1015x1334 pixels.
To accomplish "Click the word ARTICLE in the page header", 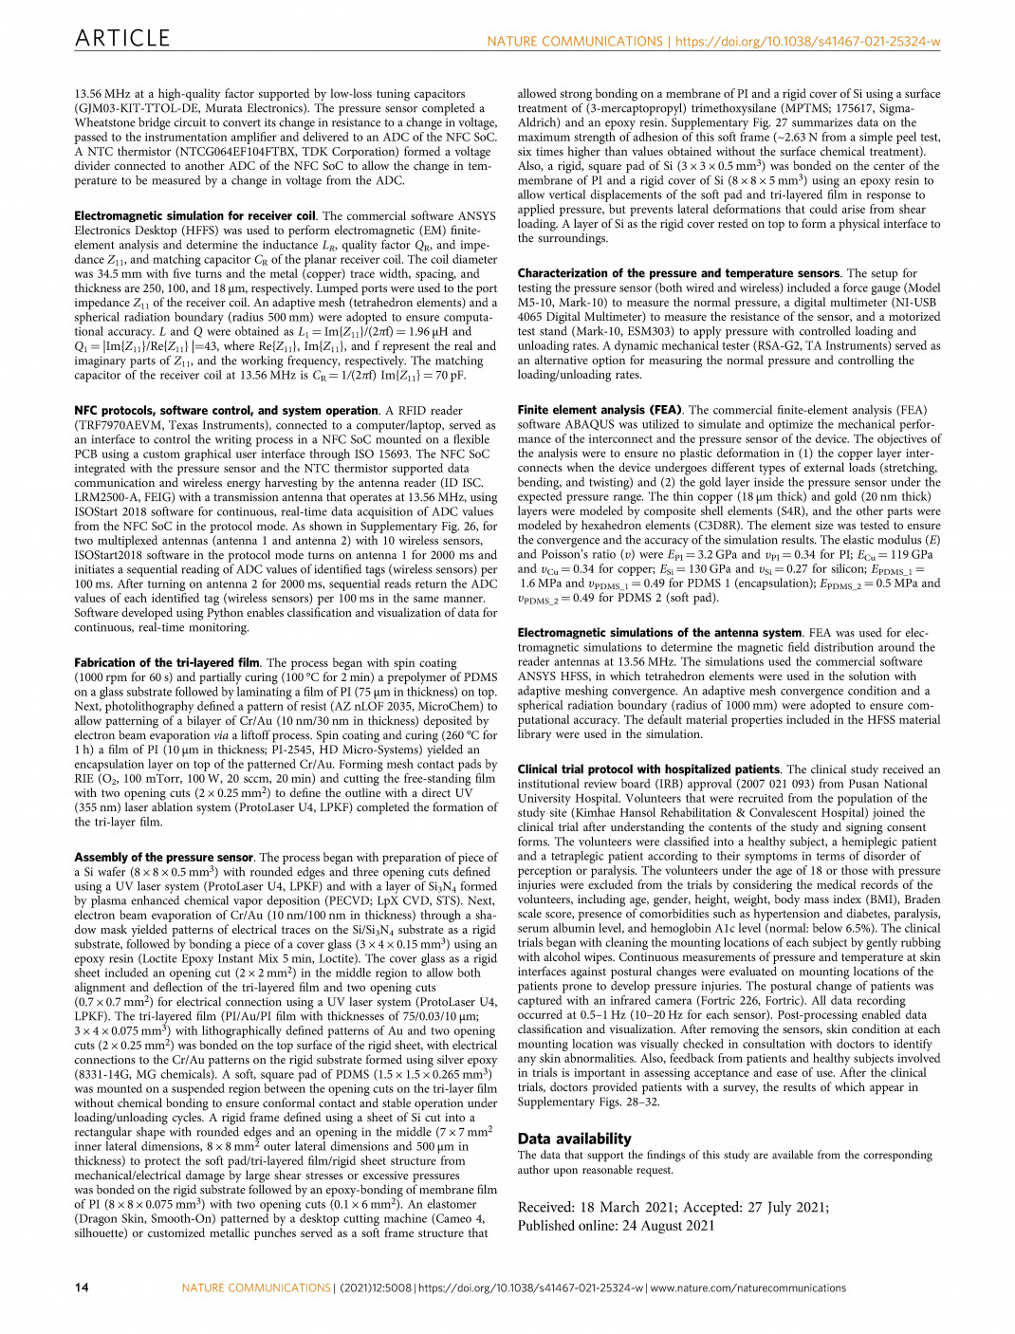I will (122, 38).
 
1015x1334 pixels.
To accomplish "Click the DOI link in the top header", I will (807, 42).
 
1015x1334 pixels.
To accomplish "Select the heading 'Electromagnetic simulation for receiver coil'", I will (194, 216).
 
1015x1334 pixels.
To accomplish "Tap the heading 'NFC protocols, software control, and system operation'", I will (226, 411).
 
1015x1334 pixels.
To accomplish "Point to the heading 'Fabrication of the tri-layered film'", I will (167, 663).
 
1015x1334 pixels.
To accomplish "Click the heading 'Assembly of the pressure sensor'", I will (164, 858).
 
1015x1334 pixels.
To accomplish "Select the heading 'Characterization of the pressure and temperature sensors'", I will (678, 273).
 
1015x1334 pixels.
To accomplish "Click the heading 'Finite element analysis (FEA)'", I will (600, 410).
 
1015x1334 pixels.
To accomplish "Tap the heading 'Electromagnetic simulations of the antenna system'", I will (659, 633).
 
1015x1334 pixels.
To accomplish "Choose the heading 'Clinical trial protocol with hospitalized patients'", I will (649, 769).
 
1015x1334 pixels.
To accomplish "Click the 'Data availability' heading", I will (574, 1139).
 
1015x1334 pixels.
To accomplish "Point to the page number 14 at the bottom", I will (82, 1288).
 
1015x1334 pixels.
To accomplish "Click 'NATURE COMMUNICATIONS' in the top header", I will (575, 42).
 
